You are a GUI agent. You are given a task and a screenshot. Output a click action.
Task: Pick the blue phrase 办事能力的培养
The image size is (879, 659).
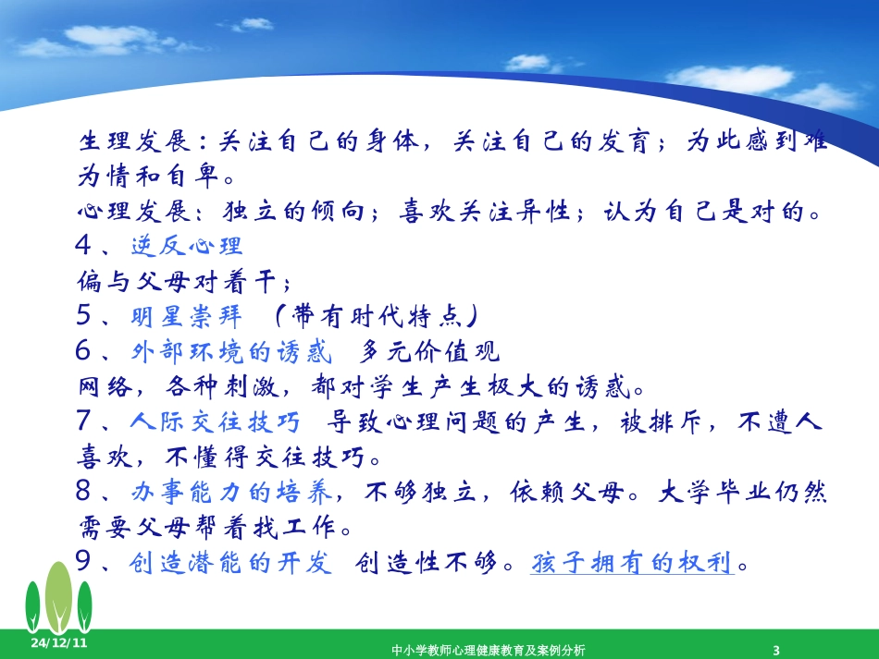click(x=237, y=493)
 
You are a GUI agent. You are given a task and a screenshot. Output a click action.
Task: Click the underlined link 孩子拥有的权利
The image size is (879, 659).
click(x=632, y=563)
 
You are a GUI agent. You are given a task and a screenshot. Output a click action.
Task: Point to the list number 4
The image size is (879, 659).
click(x=87, y=246)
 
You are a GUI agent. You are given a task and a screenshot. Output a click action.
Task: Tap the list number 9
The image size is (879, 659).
click(x=87, y=563)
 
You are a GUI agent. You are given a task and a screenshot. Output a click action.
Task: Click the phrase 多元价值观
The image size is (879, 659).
click(x=429, y=351)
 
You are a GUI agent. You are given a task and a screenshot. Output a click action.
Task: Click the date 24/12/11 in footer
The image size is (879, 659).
click(x=58, y=642)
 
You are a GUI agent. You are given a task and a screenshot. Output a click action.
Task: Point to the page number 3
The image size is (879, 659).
click(x=776, y=650)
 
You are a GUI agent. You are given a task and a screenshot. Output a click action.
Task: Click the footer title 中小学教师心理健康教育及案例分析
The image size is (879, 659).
click(x=488, y=650)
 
